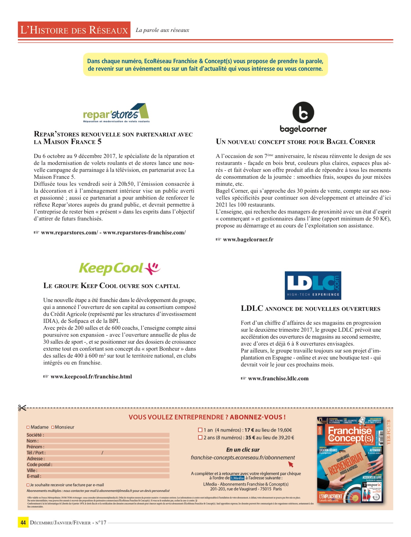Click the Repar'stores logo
(116, 113)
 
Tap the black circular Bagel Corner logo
(303, 113)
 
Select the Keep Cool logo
(119, 268)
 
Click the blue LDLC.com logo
(313, 285)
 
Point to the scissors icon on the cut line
(22, 408)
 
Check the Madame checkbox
(28, 427)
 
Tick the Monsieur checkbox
(53, 427)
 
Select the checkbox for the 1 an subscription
(200, 430)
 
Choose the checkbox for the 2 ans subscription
(200, 437)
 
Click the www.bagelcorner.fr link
(248, 239)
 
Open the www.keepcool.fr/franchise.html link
(91, 377)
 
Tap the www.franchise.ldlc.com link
(278, 378)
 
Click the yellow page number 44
(23, 522)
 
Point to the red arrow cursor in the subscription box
(291, 464)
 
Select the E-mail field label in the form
(34, 476)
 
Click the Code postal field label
(39, 465)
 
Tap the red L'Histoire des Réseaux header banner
(74, 30)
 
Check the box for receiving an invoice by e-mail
(28, 485)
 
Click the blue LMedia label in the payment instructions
(237, 478)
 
